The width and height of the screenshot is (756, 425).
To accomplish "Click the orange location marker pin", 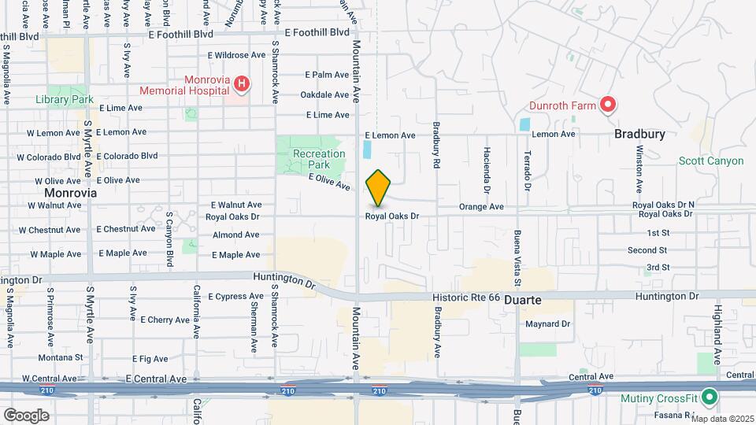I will pyautogui.click(x=379, y=188).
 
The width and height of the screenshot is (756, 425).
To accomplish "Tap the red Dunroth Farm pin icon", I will pyautogui.click(x=607, y=105).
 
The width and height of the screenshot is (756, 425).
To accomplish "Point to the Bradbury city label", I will pyautogui.click(x=639, y=134).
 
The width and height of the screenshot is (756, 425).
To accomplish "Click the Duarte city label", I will pyautogui.click(x=524, y=301).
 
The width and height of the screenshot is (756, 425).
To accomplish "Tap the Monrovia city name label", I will pyautogui.click(x=70, y=192).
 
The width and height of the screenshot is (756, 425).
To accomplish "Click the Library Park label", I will pyautogui.click(x=65, y=99).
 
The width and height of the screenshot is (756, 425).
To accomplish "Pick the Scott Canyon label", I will pyautogui.click(x=711, y=161).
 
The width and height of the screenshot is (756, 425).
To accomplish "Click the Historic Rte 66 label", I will pyautogui.click(x=466, y=297).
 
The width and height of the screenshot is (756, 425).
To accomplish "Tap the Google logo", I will pyautogui.click(x=25, y=415).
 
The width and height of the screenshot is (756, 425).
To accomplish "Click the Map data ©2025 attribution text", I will pyautogui.click(x=722, y=418).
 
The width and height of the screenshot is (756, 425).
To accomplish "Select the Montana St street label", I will pyautogui.click(x=61, y=357).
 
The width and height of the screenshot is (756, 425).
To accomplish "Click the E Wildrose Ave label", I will pyautogui.click(x=236, y=55).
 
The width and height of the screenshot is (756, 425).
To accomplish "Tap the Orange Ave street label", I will pyautogui.click(x=481, y=207).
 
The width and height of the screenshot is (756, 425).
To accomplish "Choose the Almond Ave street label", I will pyautogui.click(x=235, y=235).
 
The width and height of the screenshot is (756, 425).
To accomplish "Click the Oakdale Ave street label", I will pyautogui.click(x=324, y=94).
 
